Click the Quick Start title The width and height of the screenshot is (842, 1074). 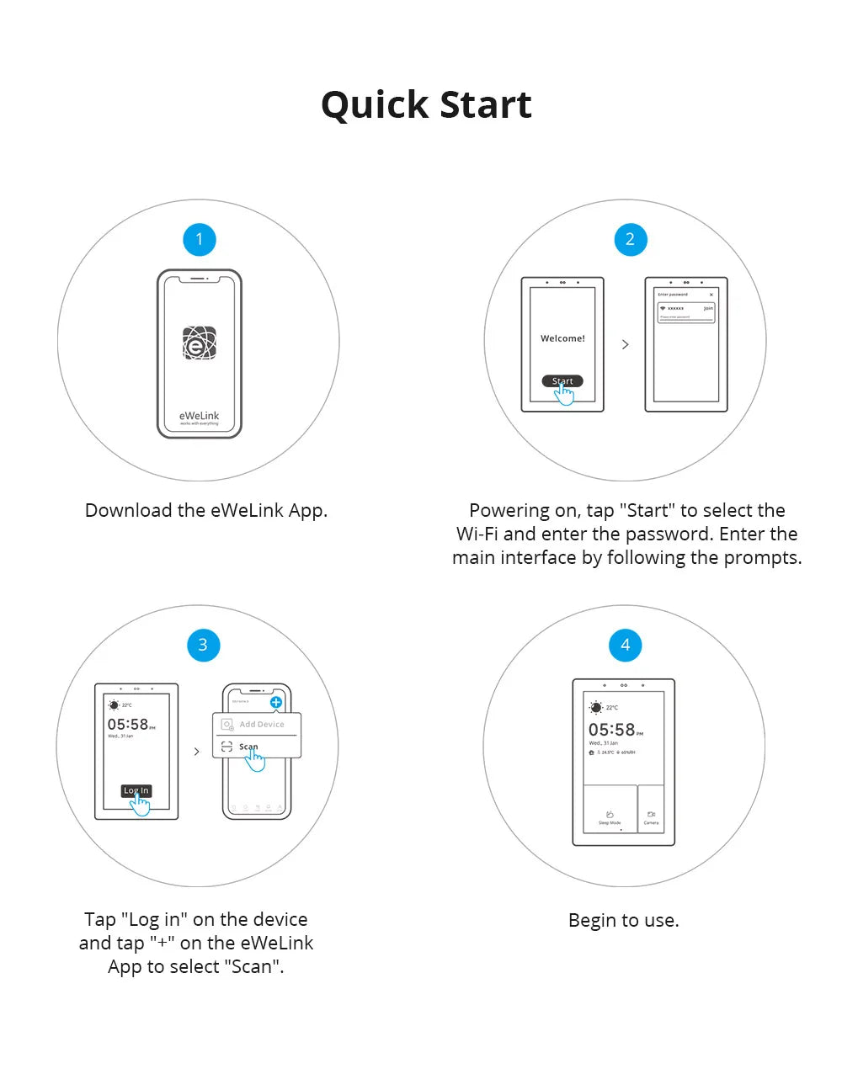426,105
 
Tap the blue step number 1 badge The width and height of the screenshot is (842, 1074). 200,239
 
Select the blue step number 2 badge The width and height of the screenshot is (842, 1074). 630,239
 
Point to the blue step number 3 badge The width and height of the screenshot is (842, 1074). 203,645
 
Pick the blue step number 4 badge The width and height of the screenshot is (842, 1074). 625,645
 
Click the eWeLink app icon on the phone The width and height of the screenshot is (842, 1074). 200,343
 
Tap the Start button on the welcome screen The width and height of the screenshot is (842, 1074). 562,381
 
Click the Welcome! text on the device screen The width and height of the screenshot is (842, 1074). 562,338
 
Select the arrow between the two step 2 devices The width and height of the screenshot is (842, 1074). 625,344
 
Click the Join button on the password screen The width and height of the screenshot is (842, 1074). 708,309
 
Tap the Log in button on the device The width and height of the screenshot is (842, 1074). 136,790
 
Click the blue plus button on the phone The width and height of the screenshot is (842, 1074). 275,702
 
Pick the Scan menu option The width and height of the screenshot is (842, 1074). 248,747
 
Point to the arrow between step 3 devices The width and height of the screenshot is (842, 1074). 197,752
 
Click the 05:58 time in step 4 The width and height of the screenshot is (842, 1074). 612,730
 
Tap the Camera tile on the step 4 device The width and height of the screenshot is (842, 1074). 651,816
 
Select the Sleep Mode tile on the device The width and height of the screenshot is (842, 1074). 610,816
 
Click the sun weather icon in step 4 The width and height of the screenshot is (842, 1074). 596,707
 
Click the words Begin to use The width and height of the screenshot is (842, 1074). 623,920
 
